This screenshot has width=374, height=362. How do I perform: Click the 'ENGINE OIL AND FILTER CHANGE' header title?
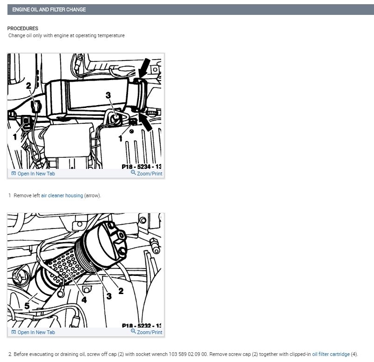(49, 9)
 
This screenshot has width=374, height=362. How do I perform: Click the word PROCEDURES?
(23, 28)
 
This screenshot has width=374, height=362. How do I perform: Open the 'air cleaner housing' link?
(62, 195)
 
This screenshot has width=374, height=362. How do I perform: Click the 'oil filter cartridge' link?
(331, 354)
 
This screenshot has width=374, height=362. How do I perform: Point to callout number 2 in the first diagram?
(28, 86)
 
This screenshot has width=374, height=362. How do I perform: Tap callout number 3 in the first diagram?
(109, 95)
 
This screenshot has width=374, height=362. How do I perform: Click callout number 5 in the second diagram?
(27, 306)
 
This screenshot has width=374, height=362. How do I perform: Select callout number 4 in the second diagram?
(84, 300)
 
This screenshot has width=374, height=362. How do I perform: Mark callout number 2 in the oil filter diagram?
(121, 291)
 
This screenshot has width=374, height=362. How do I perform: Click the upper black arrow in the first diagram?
(144, 67)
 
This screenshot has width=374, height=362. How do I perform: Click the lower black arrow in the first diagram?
(145, 121)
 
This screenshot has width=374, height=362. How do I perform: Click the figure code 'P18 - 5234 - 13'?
(142, 167)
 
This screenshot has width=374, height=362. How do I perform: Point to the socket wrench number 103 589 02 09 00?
(188, 354)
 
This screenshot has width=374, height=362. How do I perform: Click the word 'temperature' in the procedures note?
(111, 35)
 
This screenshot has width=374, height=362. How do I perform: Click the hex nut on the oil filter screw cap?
(119, 242)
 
